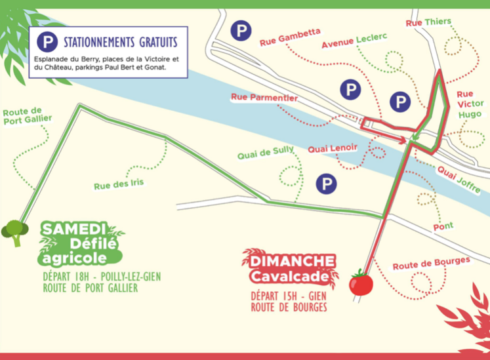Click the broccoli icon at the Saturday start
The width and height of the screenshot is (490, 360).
14,231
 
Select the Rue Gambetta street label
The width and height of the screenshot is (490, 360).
290,37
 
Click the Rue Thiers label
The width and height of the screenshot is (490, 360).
428,22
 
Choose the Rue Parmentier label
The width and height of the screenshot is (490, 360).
264,98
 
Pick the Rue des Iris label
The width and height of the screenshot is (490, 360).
119,184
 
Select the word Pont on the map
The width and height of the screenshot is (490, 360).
443,227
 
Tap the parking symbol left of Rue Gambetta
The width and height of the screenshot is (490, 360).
243,30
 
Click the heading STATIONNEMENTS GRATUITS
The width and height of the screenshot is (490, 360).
120,43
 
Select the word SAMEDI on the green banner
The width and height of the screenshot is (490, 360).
73,229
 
